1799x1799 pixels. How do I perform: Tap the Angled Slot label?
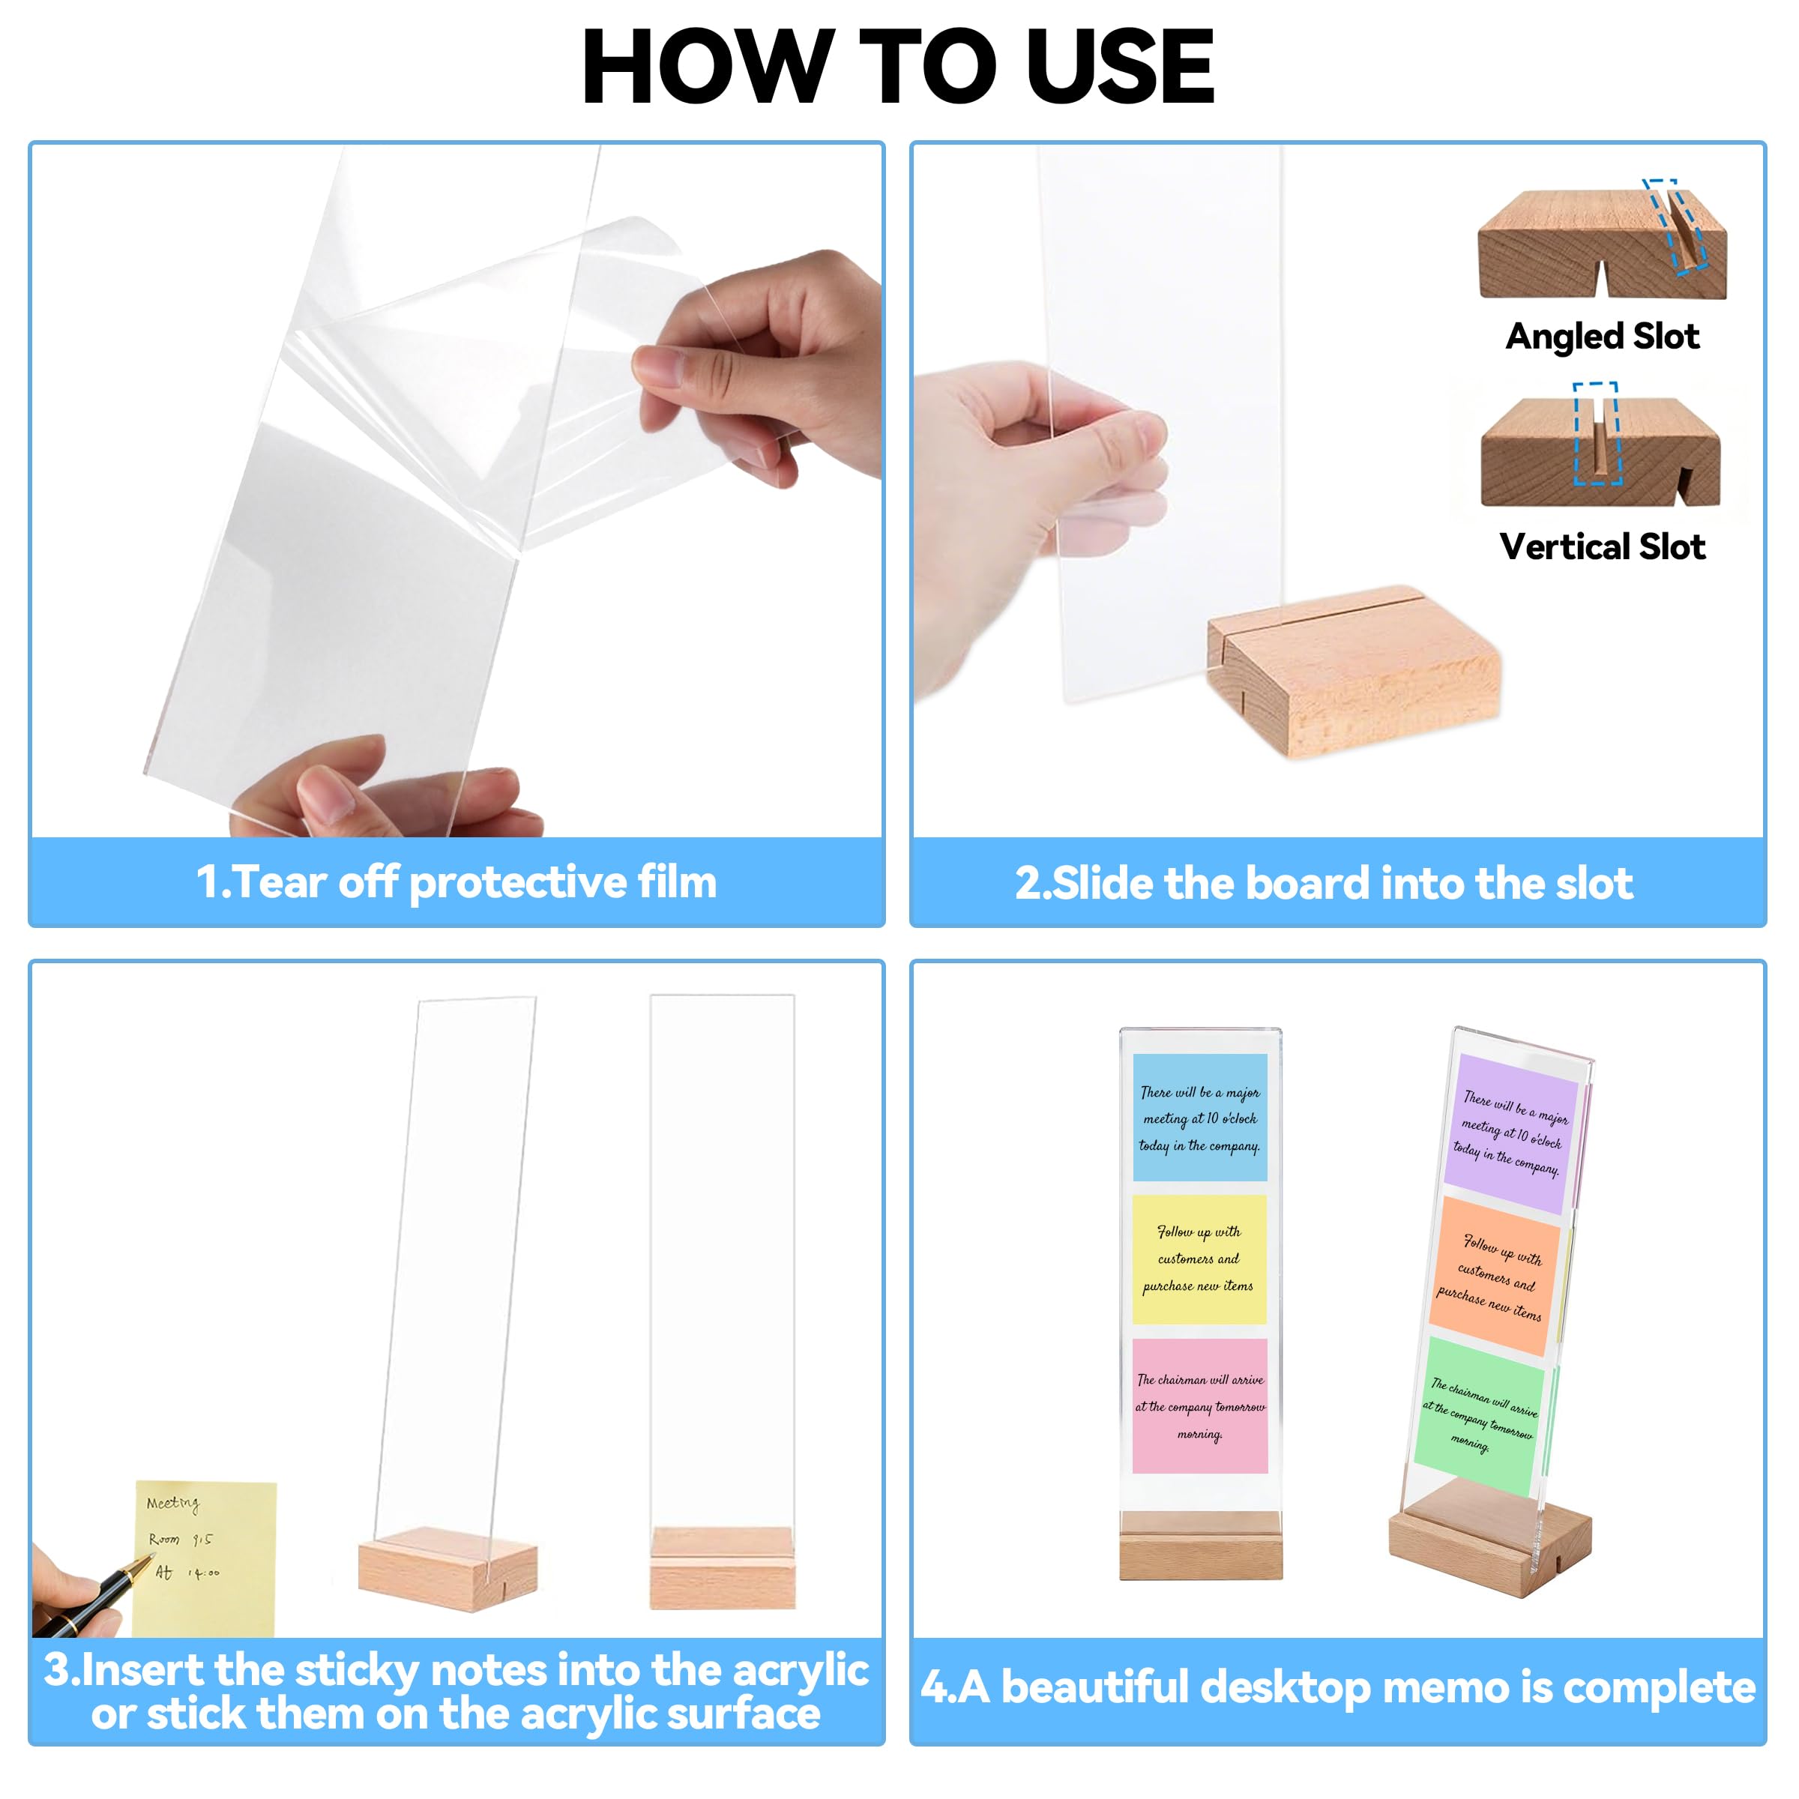pyautogui.click(x=1602, y=336)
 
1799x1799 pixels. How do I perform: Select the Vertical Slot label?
pyautogui.click(x=1602, y=546)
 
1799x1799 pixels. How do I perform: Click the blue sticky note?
pyautogui.click(x=1199, y=1118)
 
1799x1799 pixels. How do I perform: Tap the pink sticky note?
pyautogui.click(x=1199, y=1406)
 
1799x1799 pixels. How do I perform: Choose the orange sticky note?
pyautogui.click(x=1494, y=1277)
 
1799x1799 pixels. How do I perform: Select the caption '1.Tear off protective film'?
pyautogui.click(x=456, y=882)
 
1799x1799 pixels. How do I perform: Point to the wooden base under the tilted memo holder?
pyautogui.click(x=1490, y=1537)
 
